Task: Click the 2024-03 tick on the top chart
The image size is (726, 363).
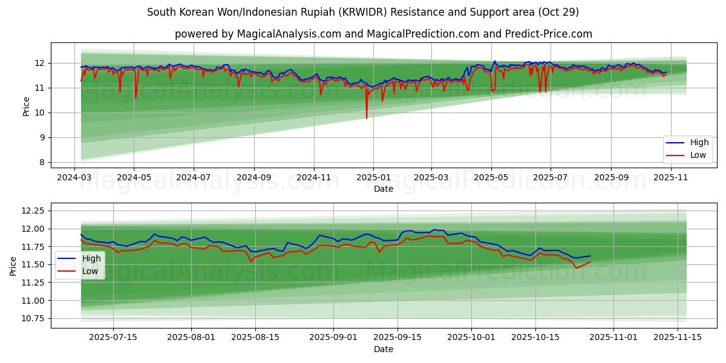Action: (x=74, y=177)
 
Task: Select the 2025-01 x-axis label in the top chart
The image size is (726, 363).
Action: (x=373, y=177)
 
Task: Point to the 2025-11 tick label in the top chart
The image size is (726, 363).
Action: (x=670, y=177)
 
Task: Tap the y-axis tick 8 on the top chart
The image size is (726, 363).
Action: (x=42, y=162)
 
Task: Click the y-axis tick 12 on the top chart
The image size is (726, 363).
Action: (x=40, y=63)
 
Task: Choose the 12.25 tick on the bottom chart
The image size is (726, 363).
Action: (x=33, y=211)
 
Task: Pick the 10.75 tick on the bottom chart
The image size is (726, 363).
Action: (x=33, y=319)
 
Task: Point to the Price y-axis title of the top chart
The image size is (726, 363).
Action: (x=26, y=106)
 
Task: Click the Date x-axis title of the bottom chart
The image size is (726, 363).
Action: (x=384, y=349)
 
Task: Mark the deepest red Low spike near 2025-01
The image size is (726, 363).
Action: (x=367, y=117)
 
